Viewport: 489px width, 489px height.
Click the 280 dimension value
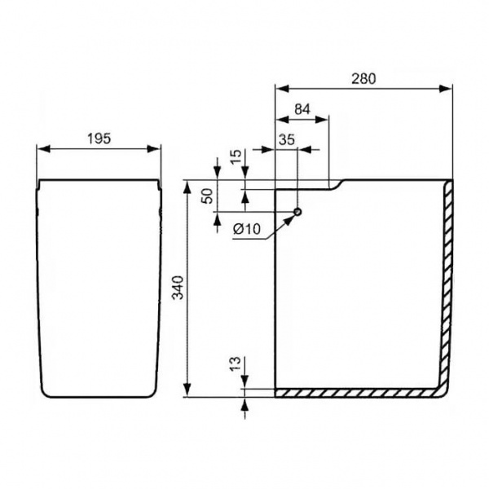click(364, 79)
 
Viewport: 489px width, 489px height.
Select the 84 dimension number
click(302, 109)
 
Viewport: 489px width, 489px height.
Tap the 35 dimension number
click(287, 140)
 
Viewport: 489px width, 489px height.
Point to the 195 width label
click(99, 139)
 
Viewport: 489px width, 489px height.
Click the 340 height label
click(178, 288)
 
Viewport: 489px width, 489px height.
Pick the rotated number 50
click(208, 196)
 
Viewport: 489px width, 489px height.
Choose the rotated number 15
click(236, 156)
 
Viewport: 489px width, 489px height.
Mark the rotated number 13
click(236, 363)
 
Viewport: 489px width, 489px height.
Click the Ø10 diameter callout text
click(246, 230)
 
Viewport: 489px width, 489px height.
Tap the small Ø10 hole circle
click(297, 212)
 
